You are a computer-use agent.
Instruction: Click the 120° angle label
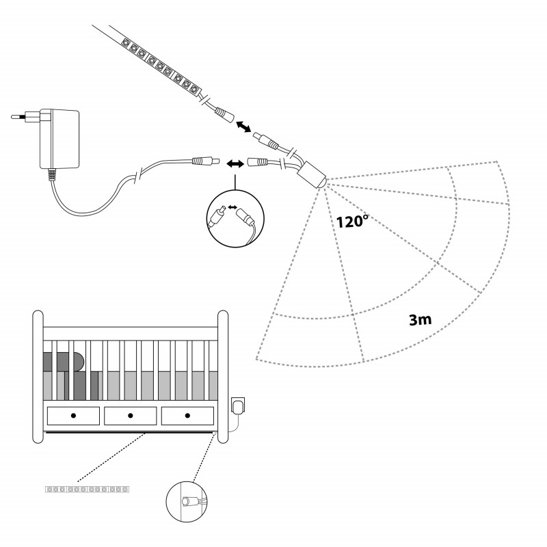pos(352,221)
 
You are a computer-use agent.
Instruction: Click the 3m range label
pos(420,319)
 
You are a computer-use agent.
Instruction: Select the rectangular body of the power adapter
pos(59,139)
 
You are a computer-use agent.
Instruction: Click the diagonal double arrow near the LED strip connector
pos(243,126)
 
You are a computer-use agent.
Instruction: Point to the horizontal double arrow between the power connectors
pos(235,163)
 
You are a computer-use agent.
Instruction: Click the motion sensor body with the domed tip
pos(311,176)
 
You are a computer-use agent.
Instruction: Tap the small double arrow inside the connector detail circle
pos(232,208)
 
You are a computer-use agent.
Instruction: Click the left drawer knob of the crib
pos(73,416)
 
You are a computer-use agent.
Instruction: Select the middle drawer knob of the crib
pos(131,416)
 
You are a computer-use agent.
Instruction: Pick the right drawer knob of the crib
pos(187,416)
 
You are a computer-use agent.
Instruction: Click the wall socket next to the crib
pos(238,406)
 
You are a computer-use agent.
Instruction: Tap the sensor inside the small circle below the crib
pos(187,501)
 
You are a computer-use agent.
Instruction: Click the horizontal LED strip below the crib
pos(88,490)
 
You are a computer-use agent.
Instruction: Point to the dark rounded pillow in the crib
pos(64,362)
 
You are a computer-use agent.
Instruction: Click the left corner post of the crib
pos(38,377)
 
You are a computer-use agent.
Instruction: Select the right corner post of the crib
pos(223,377)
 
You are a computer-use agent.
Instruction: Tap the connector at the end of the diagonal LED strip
pos(224,115)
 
